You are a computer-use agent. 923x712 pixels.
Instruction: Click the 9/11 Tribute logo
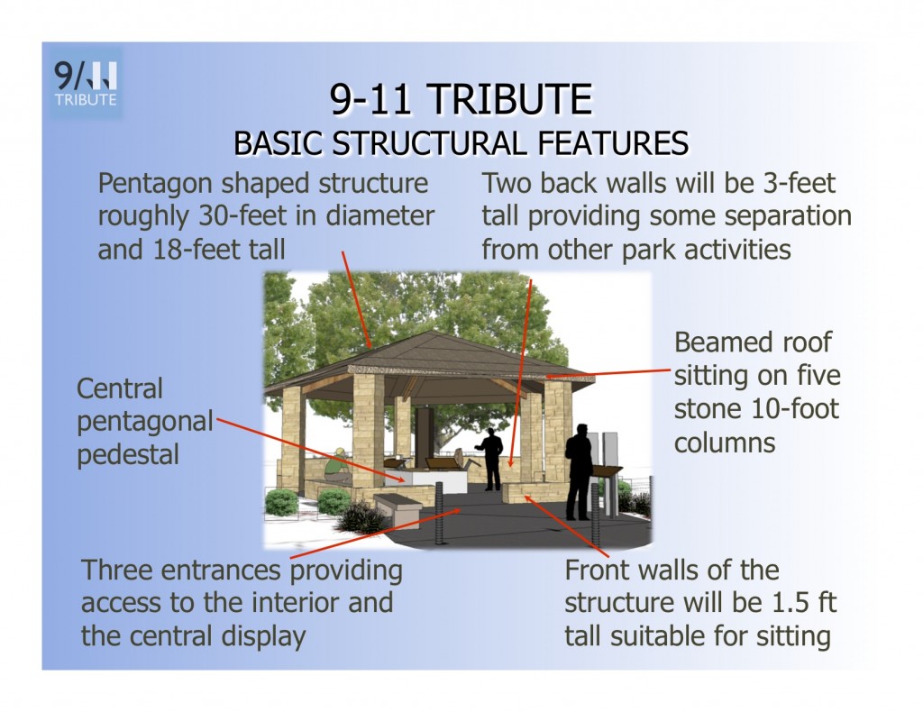86,84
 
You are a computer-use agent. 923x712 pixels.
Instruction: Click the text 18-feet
196,250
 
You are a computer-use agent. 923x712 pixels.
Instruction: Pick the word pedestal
128,455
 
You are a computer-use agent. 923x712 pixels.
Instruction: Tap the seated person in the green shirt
337,466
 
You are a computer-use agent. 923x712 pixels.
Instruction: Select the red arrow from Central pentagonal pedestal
311,450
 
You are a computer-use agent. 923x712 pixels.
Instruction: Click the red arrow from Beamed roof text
608,373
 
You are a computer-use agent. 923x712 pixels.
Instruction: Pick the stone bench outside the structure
398,507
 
